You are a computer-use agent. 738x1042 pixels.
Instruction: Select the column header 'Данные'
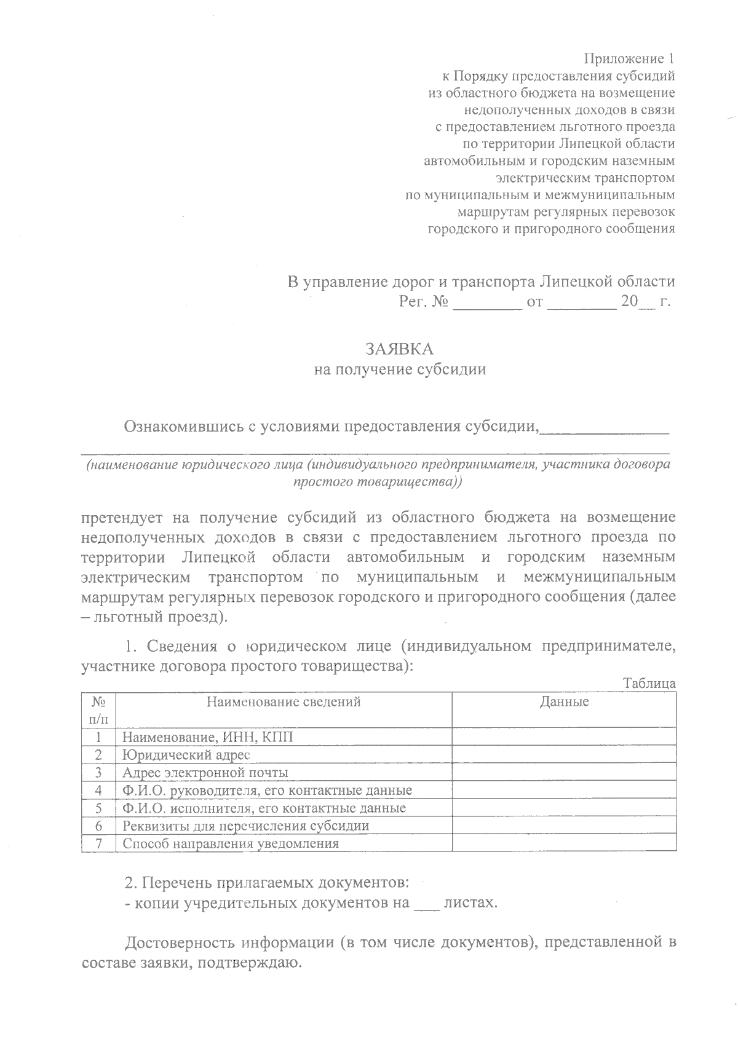coord(564,701)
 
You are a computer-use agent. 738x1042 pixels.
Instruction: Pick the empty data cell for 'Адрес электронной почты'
coord(564,772)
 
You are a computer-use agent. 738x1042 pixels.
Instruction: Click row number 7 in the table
coord(98,843)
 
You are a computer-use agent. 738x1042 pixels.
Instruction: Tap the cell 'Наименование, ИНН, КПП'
coord(208,736)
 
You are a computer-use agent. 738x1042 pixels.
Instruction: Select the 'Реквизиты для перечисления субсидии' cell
coord(246,826)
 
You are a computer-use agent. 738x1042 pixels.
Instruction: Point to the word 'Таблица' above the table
coord(649,684)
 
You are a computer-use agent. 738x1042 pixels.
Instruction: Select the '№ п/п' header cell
coord(98,709)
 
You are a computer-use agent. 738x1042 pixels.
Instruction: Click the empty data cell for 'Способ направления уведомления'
coord(564,843)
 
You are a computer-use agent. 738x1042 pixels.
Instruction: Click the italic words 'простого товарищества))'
coord(378,482)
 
